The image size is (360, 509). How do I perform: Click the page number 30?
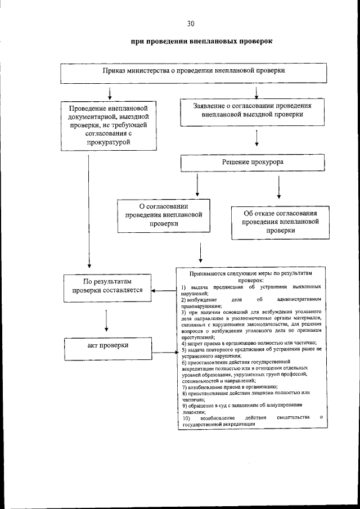click(x=191, y=23)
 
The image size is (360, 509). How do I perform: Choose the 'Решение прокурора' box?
click(x=253, y=162)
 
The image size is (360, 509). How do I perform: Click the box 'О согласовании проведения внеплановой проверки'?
click(x=164, y=214)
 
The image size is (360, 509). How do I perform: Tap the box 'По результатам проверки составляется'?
click(x=107, y=286)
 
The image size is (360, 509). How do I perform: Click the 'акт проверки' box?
click(x=107, y=345)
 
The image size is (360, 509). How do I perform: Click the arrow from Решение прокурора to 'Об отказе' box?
click(x=279, y=187)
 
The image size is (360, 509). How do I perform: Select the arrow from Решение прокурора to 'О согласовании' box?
click(x=197, y=183)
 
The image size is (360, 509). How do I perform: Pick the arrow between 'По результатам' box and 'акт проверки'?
click(x=107, y=319)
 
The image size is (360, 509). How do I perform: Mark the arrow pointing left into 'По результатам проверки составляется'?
click(x=165, y=291)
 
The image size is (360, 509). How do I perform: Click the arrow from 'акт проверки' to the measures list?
click(x=165, y=353)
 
